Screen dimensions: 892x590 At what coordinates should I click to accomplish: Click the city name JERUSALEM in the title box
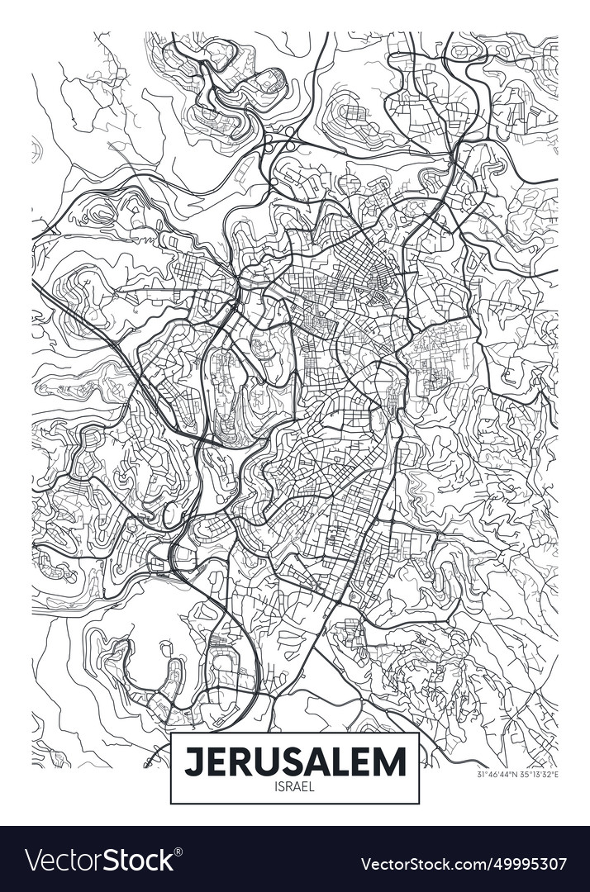click(295, 761)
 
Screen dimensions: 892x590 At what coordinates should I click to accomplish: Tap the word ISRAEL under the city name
click(295, 787)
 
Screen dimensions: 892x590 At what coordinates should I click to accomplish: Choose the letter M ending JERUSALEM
click(392, 761)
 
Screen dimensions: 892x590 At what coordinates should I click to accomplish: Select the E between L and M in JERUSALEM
click(367, 761)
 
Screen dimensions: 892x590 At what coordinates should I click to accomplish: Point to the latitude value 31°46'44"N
click(497, 775)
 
